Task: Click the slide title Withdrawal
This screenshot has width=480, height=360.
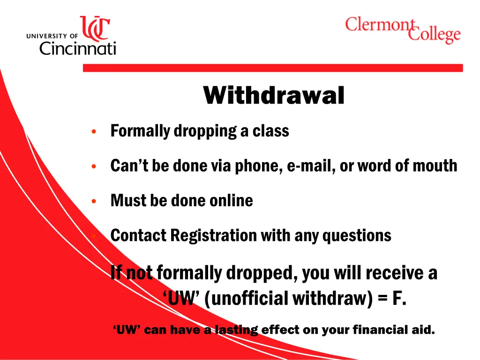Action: pyautogui.click(x=274, y=96)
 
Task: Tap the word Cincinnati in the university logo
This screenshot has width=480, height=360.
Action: pyautogui.click(x=77, y=47)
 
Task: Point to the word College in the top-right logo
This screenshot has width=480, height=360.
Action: pyautogui.click(x=434, y=35)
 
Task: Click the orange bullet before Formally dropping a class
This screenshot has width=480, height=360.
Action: pyautogui.click(x=94, y=131)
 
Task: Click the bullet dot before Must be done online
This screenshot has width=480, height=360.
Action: pyautogui.click(x=94, y=201)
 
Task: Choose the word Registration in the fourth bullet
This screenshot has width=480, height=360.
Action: pyautogui.click(x=214, y=235)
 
